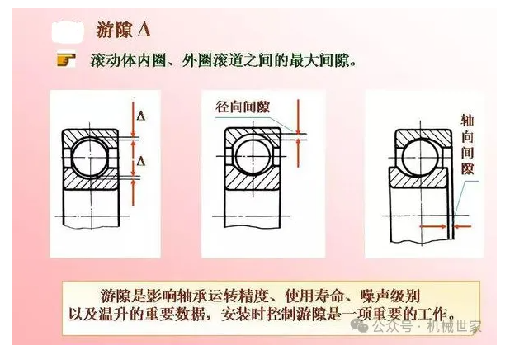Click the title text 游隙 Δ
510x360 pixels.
point(123,29)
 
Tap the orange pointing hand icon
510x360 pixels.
point(66,60)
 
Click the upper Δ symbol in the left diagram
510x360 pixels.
point(141,116)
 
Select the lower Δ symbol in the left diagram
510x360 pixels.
point(141,160)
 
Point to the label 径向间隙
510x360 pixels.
point(243,107)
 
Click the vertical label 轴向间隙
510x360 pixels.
point(467,144)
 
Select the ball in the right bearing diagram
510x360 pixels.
point(419,158)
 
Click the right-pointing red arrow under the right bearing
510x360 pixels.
point(433,226)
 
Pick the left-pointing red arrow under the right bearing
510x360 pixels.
point(462,226)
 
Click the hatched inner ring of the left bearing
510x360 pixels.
point(91,180)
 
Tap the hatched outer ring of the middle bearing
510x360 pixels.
point(253,135)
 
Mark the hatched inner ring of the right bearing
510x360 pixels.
point(418,178)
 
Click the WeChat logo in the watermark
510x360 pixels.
point(359,325)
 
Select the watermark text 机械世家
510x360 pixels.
point(454,326)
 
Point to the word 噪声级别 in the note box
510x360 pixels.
point(390,296)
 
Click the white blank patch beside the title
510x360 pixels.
point(68,31)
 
